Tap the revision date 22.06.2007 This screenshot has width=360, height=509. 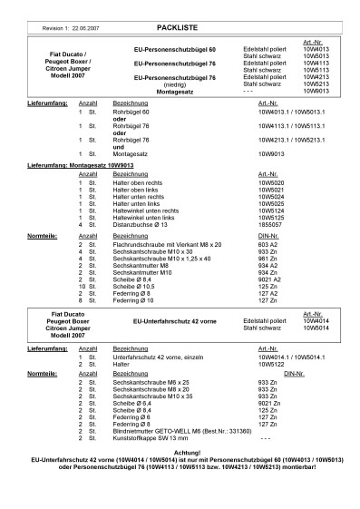pos(80,30)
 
